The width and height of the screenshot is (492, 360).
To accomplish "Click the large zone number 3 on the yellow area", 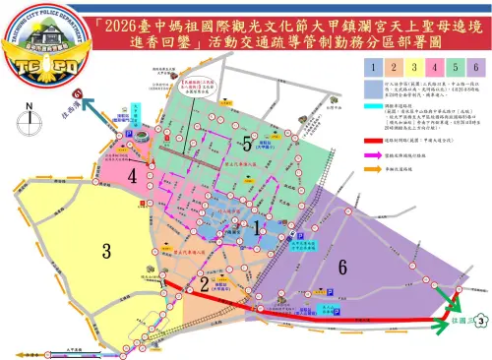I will (x=105, y=250).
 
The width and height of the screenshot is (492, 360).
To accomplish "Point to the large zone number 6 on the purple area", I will (x=341, y=266).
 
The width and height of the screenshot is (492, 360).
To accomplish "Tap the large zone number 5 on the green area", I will (x=247, y=144).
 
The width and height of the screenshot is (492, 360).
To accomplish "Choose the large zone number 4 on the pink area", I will (x=131, y=176).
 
